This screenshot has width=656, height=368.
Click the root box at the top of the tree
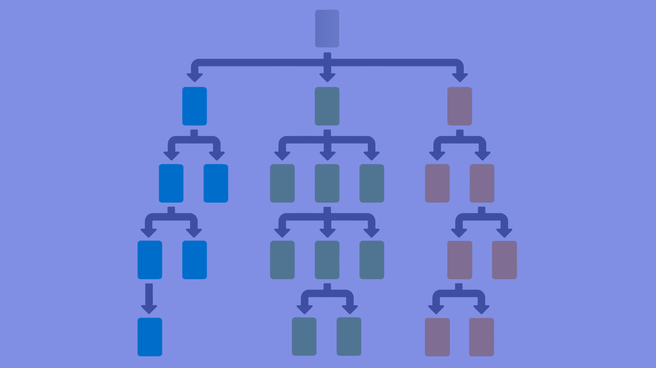(327, 29)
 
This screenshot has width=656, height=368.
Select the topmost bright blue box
(194, 106)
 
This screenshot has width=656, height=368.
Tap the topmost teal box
(327, 106)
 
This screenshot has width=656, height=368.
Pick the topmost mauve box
(460, 106)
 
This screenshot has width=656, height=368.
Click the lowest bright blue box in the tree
(150, 337)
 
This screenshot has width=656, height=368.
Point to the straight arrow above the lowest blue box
(149, 298)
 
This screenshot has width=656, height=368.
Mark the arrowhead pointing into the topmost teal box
(327, 76)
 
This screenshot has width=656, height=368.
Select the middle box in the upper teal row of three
(327, 183)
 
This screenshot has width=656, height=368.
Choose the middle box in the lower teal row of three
(327, 260)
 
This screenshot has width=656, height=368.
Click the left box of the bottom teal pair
(304, 337)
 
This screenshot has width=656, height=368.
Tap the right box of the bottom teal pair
(349, 337)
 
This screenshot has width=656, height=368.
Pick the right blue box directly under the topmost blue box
(216, 183)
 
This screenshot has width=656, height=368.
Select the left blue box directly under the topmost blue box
(171, 183)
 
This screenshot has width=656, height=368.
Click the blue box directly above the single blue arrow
(150, 260)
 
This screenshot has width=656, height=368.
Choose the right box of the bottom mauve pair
(481, 337)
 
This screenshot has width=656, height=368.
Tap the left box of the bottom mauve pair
(437, 337)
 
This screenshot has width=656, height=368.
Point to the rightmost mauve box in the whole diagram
(504, 260)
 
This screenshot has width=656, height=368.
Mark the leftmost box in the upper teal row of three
(282, 183)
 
